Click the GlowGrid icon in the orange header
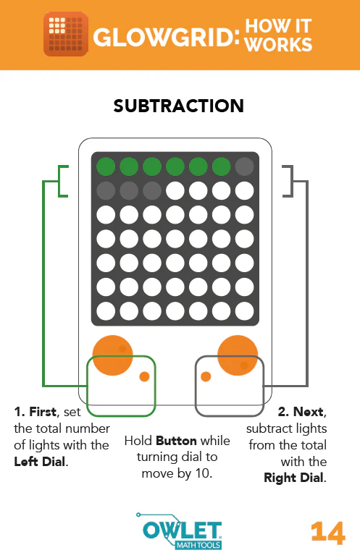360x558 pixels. [65, 33]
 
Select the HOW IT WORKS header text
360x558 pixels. [278, 35]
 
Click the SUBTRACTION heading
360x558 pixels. [179, 106]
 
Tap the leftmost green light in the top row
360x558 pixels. [106, 166]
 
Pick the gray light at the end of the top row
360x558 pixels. [245, 166]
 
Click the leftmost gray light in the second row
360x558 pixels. [106, 190]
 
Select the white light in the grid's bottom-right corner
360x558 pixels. [245, 311]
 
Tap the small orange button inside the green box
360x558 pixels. [144, 376]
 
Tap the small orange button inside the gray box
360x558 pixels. [206, 376]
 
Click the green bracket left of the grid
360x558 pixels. [62, 181]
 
